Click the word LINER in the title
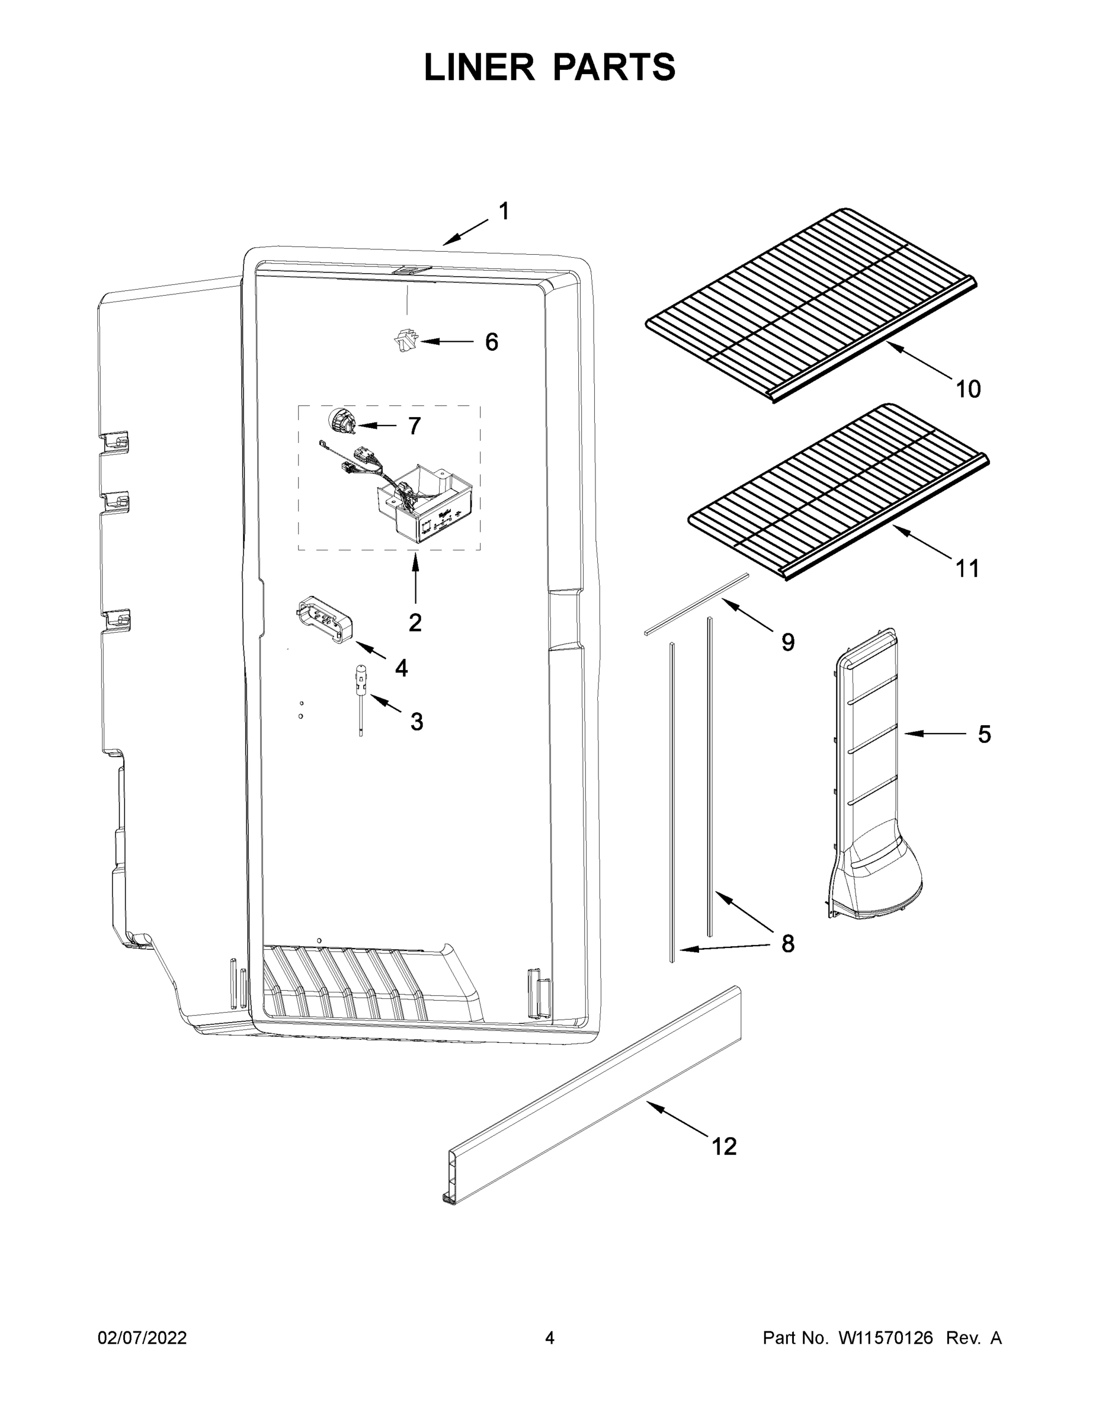point(479,68)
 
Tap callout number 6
point(492,342)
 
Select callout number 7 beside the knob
point(414,426)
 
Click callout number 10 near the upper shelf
point(967,389)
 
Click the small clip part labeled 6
point(406,341)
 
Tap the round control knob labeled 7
point(342,422)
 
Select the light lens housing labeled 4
point(323,619)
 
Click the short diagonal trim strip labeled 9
point(696,603)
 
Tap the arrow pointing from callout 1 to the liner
point(465,232)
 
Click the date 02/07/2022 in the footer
point(142,1337)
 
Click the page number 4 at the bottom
point(550,1337)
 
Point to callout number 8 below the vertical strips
point(787,943)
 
